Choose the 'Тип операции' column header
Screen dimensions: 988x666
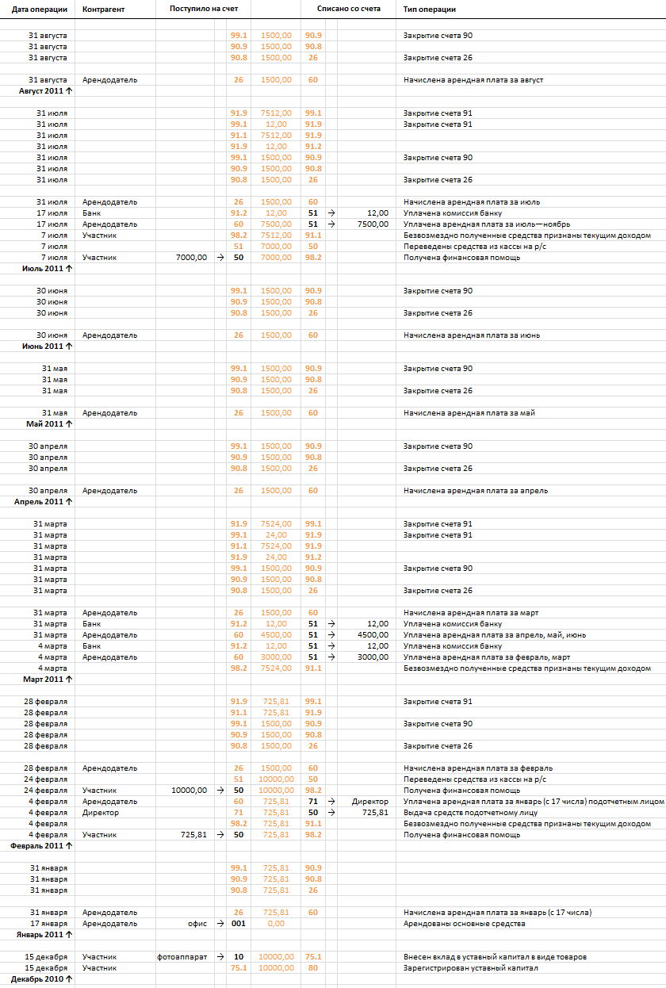[430, 9]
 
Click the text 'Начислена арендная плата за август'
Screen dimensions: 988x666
[473, 80]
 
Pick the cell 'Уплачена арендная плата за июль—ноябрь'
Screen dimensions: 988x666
[488, 224]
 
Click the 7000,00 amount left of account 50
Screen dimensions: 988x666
[191, 258]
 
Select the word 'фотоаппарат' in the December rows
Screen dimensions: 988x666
[182, 957]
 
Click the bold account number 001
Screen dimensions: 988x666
[239, 924]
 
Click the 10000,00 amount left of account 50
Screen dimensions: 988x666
[189, 791]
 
